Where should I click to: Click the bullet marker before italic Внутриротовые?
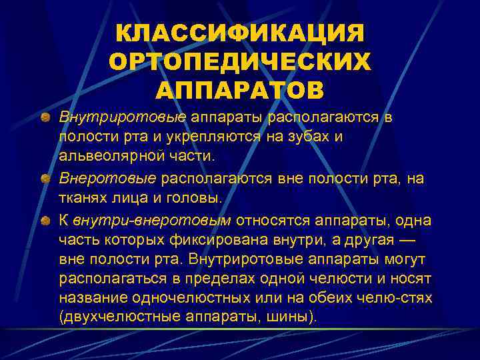click(x=44, y=119)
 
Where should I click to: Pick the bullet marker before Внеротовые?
click(x=44, y=179)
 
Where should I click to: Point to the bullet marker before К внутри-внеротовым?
click(x=44, y=220)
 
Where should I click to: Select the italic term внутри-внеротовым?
click(x=152, y=220)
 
